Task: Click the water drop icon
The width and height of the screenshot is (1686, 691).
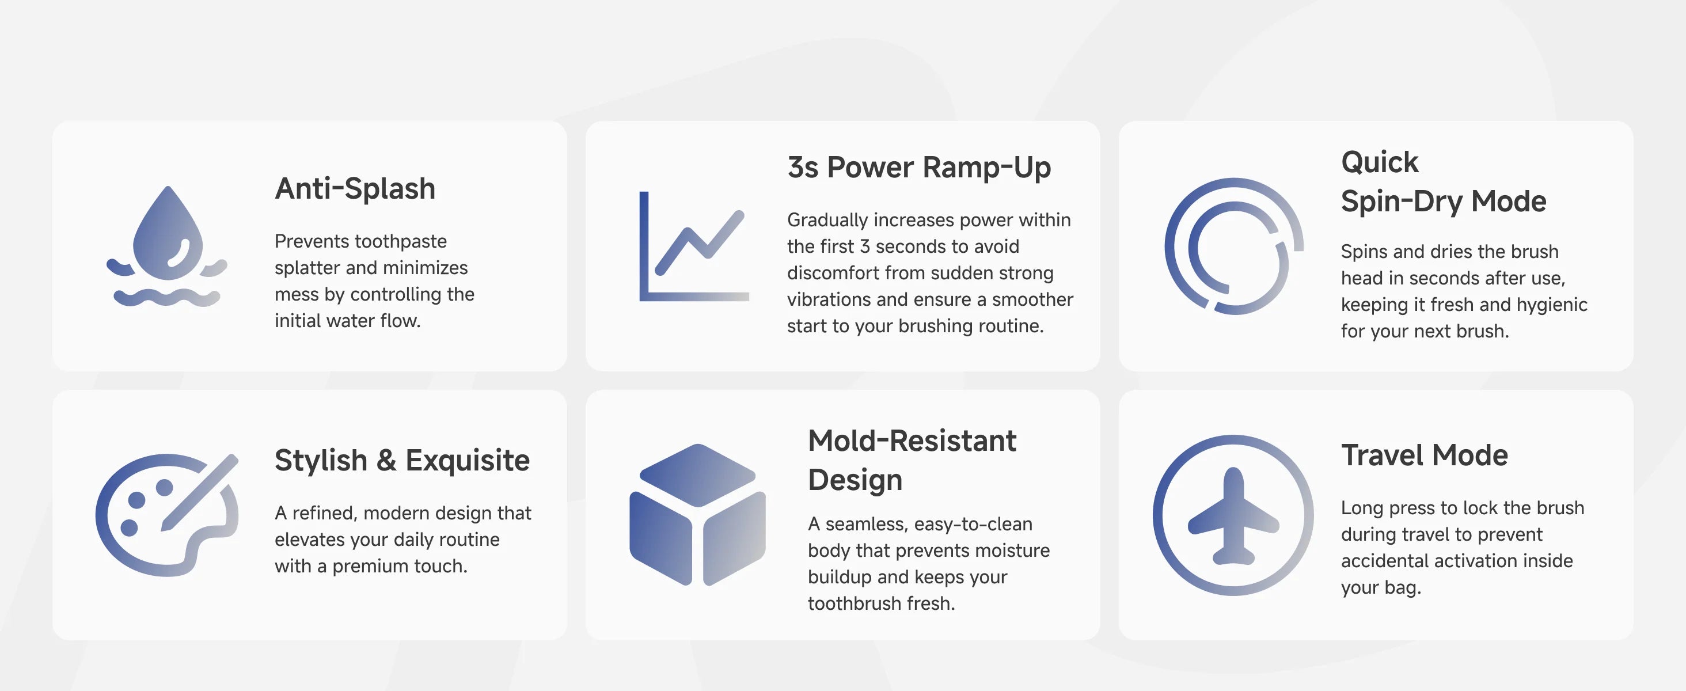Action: [168, 246]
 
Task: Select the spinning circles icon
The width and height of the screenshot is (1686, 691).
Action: [1234, 246]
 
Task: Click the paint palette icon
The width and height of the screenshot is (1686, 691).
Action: [168, 515]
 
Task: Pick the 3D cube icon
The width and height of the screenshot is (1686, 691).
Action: [697, 515]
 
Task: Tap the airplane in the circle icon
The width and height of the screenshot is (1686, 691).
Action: [1233, 515]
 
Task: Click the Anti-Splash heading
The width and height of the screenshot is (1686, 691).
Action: [355, 188]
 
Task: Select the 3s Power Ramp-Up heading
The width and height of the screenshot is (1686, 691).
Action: [919, 168]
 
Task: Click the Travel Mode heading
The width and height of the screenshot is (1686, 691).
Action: [1424, 455]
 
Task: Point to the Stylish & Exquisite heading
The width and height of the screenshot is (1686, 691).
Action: [402, 460]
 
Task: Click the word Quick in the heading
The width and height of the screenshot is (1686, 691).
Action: [1380, 162]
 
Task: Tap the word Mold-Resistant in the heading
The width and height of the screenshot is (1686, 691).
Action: [912, 441]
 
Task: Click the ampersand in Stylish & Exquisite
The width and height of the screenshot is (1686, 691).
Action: [386, 460]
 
